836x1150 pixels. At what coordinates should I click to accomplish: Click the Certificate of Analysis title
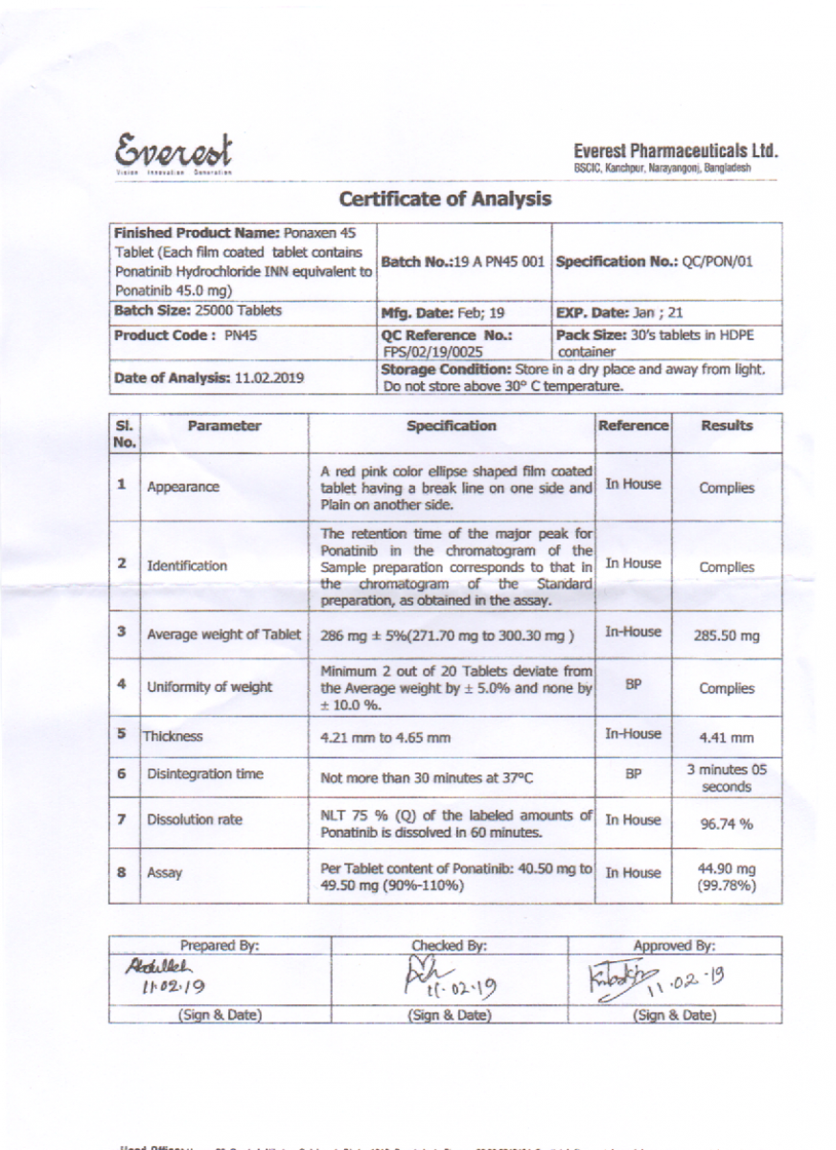[445, 199]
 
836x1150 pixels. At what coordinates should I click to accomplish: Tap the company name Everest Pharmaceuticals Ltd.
[675, 150]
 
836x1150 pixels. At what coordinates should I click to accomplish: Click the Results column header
[727, 425]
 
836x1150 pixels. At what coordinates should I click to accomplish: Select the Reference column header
[633, 425]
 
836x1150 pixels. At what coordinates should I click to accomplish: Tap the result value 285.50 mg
[726, 634]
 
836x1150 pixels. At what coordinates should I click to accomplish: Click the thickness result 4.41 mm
[726, 738]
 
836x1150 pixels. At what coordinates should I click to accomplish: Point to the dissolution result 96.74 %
[726, 822]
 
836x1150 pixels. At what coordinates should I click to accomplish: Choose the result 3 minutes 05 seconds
[726, 778]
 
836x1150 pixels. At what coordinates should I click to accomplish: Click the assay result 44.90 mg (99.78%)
[726, 878]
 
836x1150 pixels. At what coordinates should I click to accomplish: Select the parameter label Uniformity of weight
[209, 687]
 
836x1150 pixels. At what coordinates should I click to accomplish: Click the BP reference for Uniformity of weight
[633, 686]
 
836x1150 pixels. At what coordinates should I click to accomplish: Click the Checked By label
[449, 946]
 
